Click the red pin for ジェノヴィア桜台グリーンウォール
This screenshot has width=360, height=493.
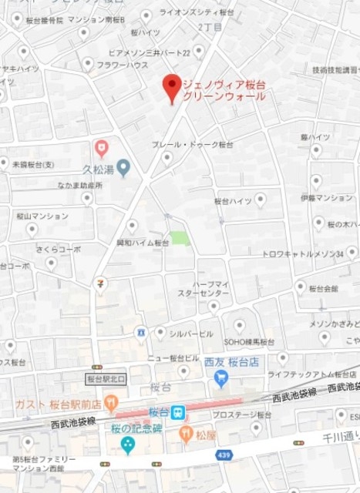pos(171,86)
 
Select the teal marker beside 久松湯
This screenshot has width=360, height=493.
pos(123,167)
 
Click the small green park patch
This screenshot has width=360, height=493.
pos(180,238)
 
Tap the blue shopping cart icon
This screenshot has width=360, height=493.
pos(222,377)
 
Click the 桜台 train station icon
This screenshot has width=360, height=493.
pos(178,413)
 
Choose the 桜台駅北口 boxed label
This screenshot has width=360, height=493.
pos(106,379)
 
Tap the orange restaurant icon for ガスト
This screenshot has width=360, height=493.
pos(113,401)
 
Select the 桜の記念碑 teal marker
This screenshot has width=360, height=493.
pos(127,444)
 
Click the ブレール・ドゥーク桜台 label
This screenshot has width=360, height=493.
pos(192,144)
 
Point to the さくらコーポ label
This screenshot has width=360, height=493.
pos(59,250)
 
